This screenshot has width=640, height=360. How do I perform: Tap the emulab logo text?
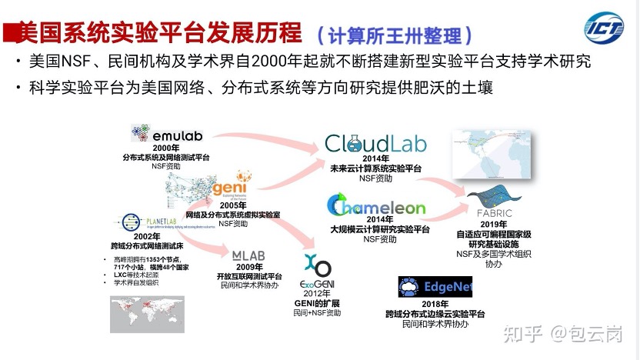(176, 136)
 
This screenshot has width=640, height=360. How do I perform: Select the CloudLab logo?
(375, 144)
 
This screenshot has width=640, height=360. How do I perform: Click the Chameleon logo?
(376, 206)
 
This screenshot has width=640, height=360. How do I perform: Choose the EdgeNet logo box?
(435, 287)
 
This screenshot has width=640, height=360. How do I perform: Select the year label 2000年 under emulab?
(165, 147)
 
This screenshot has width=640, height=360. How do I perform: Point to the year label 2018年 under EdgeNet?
(435, 305)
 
